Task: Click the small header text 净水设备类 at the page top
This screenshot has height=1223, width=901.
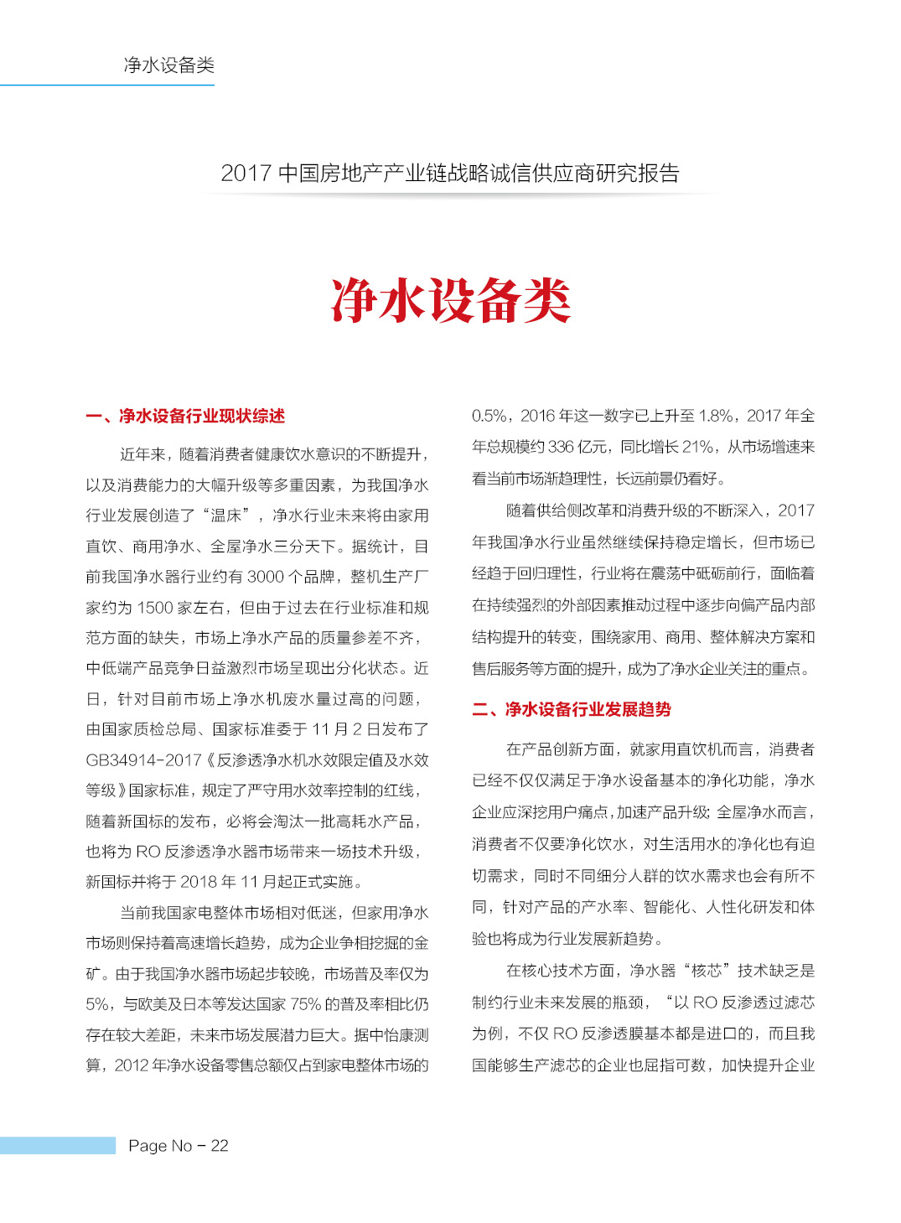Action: pyautogui.click(x=169, y=65)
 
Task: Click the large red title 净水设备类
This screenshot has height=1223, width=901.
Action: pyautogui.click(x=451, y=301)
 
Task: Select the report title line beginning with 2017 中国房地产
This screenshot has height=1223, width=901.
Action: pyautogui.click(x=450, y=174)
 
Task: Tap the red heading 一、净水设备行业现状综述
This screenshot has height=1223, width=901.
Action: pyautogui.click(x=185, y=416)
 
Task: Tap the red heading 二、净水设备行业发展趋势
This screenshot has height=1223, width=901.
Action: pyautogui.click(x=572, y=709)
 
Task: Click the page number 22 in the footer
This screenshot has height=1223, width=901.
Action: pyautogui.click(x=220, y=1146)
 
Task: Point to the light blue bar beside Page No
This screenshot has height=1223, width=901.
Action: pyautogui.click(x=57, y=1146)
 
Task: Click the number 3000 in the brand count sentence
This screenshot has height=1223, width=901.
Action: pyautogui.click(x=267, y=577)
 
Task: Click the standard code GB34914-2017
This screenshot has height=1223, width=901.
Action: pyautogui.click(x=143, y=760)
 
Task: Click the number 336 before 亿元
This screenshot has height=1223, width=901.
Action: pyautogui.click(x=561, y=447)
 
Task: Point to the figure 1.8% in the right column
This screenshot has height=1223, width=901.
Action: pyautogui.click(x=717, y=416)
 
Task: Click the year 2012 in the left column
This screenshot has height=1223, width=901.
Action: pyautogui.click(x=132, y=1065)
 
